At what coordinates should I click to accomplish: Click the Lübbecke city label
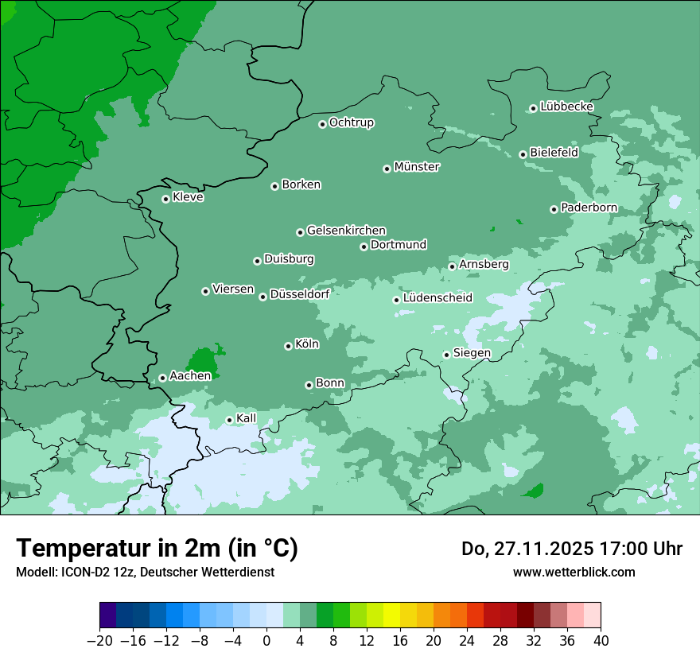click(566, 107)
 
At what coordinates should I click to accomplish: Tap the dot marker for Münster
click(387, 169)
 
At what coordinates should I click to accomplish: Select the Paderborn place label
click(589, 208)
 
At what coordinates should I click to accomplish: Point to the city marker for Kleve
click(165, 199)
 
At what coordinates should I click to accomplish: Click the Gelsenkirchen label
click(346, 231)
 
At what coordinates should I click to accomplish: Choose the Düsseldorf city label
click(299, 294)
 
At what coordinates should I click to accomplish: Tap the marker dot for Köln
click(288, 346)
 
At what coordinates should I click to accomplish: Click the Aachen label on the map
click(190, 376)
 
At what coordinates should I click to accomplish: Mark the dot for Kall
click(229, 420)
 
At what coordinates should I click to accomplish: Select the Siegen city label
click(472, 353)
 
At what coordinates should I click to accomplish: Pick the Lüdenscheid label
click(437, 298)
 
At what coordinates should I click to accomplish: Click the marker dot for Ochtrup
click(322, 124)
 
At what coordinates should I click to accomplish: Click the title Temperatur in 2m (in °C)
click(157, 549)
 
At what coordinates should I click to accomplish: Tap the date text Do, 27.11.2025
click(525, 549)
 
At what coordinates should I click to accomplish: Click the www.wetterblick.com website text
click(574, 572)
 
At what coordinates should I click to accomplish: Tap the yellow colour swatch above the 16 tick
click(391, 615)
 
